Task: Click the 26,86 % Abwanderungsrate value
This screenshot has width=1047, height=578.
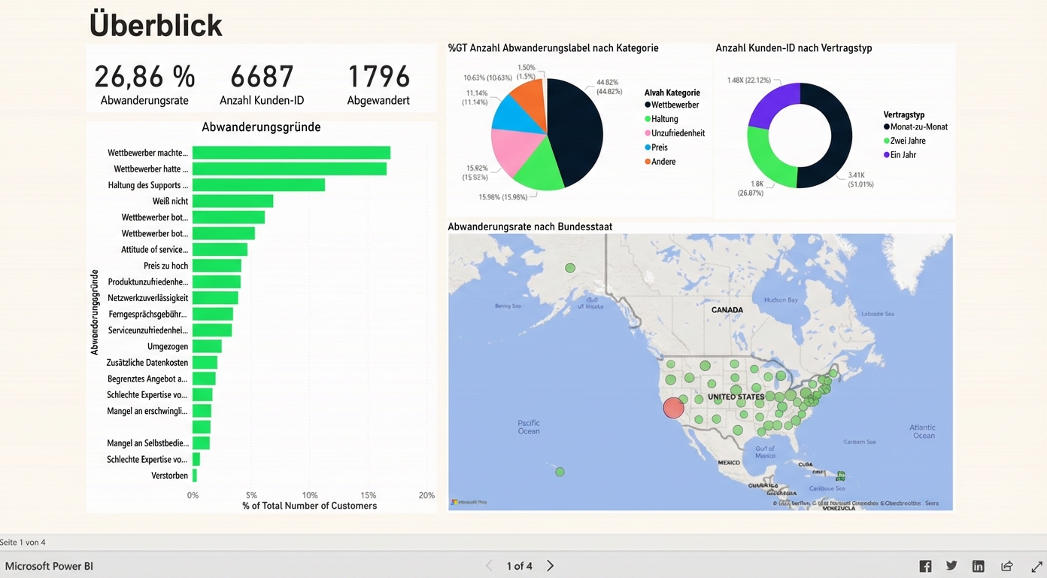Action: tap(144, 77)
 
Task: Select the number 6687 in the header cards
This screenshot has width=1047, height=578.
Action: tap(261, 77)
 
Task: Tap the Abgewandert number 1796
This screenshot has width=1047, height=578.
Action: tap(378, 77)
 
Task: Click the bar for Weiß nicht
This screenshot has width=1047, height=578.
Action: tap(232, 201)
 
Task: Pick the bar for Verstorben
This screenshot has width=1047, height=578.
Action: tap(195, 476)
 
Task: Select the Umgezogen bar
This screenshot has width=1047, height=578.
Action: tap(207, 346)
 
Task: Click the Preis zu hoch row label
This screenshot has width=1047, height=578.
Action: tap(165, 266)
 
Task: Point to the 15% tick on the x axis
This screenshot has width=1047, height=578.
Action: tap(368, 495)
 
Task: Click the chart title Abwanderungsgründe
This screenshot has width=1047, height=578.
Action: tap(261, 127)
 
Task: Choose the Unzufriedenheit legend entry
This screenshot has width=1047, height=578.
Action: tap(678, 133)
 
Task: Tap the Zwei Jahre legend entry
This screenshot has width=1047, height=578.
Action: tap(907, 141)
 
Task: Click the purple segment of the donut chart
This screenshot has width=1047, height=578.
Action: tap(771, 105)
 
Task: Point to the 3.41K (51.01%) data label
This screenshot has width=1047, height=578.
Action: tap(860, 180)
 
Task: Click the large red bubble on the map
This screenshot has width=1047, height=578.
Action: tap(673, 408)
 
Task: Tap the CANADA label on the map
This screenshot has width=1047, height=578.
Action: tap(727, 310)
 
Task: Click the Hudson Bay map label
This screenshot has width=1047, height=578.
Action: tap(781, 300)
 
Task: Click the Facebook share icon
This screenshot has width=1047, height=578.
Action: tap(925, 566)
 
